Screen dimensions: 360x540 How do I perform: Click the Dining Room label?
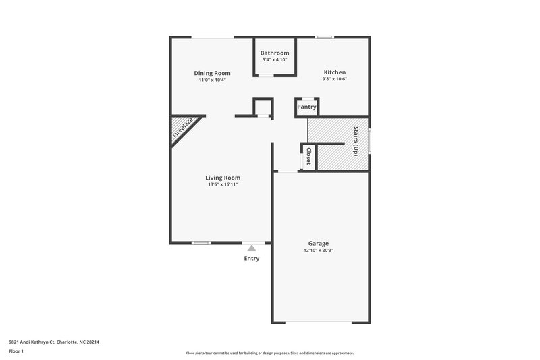[x=212, y=73]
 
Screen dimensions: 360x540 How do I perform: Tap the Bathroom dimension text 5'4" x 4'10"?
[x=275, y=60]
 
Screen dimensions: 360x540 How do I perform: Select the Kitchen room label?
[x=334, y=72]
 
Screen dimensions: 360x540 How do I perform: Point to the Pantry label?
[x=306, y=107]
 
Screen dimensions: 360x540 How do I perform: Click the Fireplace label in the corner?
[x=183, y=128]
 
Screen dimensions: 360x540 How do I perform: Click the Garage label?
[x=319, y=243]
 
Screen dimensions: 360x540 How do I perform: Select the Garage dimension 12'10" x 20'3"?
[x=319, y=251]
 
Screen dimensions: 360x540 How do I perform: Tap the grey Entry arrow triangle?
[x=252, y=248]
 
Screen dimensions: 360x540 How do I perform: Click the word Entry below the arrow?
[x=252, y=259]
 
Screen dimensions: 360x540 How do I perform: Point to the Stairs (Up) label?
[x=355, y=142]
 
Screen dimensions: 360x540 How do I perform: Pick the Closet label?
[x=308, y=156]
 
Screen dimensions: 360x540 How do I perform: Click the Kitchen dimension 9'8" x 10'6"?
[x=334, y=80]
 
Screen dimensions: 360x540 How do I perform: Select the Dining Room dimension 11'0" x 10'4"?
[x=212, y=80]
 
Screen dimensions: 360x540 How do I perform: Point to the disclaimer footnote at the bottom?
[x=270, y=353]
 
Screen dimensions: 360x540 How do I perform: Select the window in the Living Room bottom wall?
[x=200, y=242]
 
